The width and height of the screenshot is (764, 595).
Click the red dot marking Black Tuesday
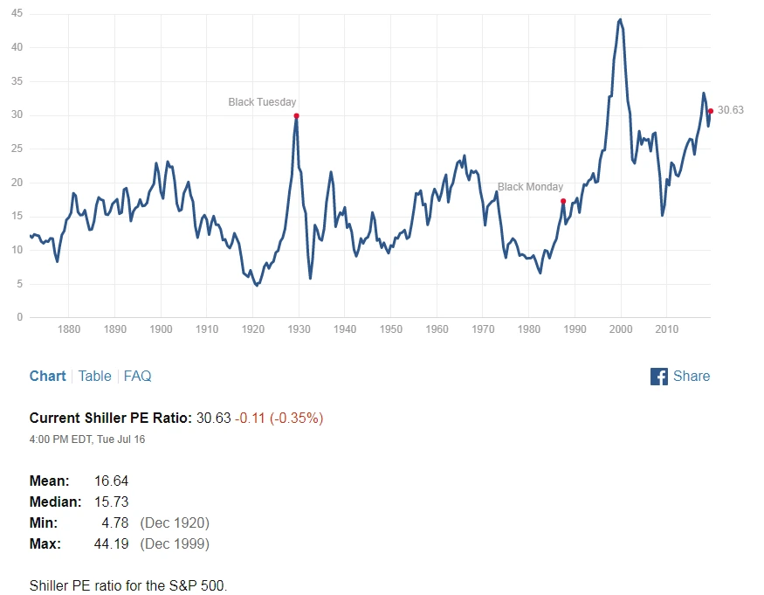point(297,115)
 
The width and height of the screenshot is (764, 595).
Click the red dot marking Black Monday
point(563,201)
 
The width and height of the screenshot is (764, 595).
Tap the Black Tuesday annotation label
point(262,102)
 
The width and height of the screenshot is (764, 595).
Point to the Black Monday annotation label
point(530,187)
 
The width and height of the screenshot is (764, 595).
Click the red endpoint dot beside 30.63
point(711,111)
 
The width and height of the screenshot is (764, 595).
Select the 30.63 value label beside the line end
point(731,110)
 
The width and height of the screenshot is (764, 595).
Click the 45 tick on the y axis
point(17,14)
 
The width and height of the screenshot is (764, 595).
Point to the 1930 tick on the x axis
point(299,329)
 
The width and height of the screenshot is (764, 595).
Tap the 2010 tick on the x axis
point(667,329)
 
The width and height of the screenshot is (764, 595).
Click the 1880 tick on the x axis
point(69,329)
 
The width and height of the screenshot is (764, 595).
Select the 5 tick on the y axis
point(20,284)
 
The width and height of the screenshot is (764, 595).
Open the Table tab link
point(94,376)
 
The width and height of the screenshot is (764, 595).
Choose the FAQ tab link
point(137,376)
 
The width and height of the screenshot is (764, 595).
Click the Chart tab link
point(47,376)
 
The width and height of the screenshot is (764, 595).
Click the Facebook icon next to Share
point(659,377)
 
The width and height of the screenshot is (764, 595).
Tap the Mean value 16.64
point(111,481)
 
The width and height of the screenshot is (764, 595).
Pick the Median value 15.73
point(111,502)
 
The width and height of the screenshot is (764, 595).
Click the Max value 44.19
point(111,543)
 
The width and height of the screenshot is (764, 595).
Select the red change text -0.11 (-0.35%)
point(279,418)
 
